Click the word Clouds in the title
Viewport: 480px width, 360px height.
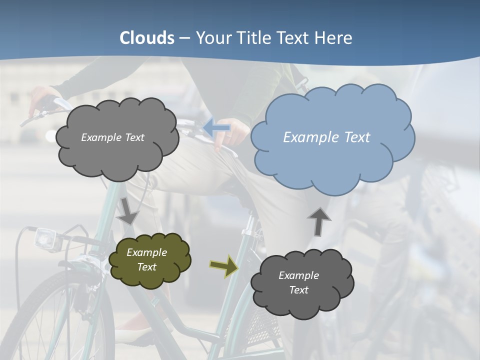point(147,38)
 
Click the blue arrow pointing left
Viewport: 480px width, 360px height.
point(216,128)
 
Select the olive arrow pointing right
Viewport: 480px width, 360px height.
point(223,266)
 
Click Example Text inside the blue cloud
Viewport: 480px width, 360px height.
point(326,137)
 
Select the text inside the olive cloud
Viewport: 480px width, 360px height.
point(146,259)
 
